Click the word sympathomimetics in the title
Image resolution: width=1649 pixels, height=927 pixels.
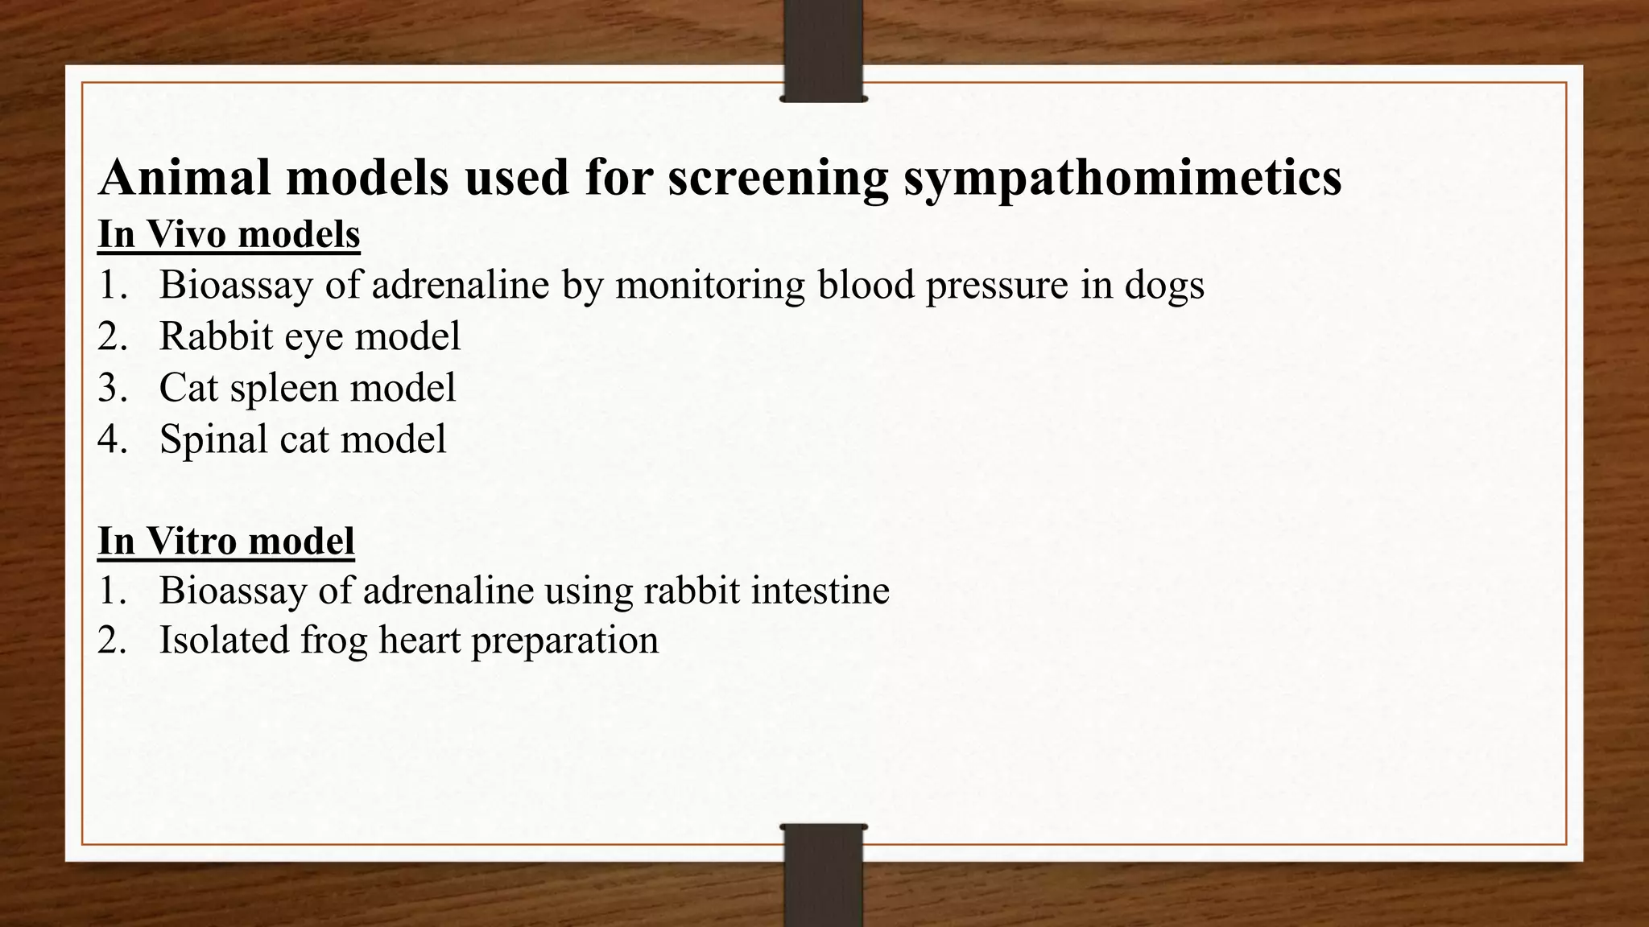(x=1122, y=178)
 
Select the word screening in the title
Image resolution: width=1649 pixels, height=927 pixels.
(x=778, y=178)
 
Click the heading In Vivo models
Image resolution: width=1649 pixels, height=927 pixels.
(x=229, y=235)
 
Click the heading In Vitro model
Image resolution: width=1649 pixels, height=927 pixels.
(x=226, y=540)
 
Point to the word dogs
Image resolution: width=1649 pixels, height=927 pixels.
(x=1164, y=285)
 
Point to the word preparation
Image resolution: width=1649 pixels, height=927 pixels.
(x=564, y=641)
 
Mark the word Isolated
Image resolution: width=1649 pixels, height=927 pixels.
(x=224, y=641)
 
